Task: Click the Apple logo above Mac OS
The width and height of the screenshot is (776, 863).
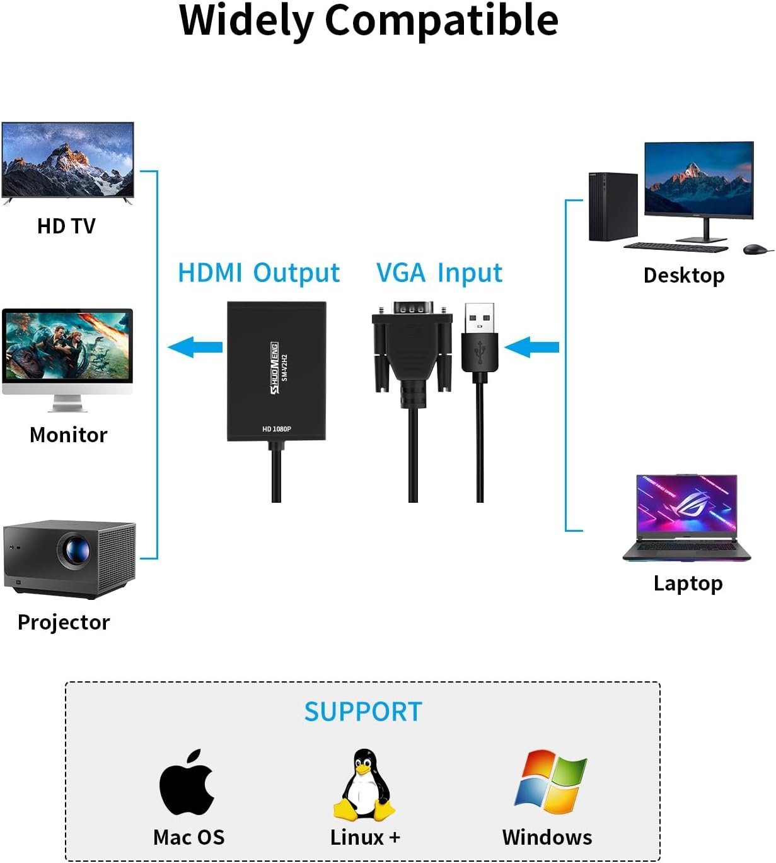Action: coord(187,784)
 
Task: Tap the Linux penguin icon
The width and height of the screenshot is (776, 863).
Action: coord(364,785)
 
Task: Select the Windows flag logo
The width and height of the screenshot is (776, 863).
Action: coord(550,782)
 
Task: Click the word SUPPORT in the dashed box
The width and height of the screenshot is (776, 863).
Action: coord(363,712)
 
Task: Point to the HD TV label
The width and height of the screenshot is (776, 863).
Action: coord(66,226)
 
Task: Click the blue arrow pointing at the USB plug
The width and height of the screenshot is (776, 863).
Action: coord(532,347)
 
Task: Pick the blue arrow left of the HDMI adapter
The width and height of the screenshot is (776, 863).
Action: coord(195,347)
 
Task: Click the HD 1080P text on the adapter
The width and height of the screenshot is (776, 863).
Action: coord(277,429)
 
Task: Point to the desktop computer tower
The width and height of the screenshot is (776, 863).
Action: coord(613,207)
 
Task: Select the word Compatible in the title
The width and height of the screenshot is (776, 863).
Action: coord(441,20)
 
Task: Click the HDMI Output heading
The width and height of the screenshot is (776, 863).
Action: coord(258,273)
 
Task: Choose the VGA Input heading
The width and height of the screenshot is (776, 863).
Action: coord(439,273)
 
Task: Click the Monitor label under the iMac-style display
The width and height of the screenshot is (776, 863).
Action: coord(69,435)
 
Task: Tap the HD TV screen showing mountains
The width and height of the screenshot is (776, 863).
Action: coord(67,160)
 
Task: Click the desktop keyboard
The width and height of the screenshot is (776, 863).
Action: coord(676,247)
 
